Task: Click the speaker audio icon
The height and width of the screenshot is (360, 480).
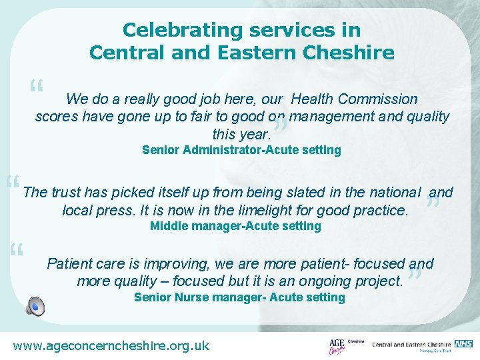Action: [35, 305]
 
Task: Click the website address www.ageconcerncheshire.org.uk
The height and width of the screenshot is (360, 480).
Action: [111, 345]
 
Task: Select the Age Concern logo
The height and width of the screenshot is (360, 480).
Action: [337, 346]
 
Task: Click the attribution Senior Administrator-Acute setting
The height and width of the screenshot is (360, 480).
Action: [241, 150]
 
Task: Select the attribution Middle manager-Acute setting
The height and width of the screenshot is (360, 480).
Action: [235, 226]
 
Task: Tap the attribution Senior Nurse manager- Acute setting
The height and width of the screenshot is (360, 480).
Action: [239, 297]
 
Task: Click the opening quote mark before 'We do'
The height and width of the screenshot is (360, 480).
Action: [36, 87]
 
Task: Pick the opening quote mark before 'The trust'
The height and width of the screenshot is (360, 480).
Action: [12, 182]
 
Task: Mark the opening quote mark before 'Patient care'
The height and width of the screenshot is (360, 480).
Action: [17, 251]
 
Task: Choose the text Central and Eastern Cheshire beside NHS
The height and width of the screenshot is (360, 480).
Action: [411, 345]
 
